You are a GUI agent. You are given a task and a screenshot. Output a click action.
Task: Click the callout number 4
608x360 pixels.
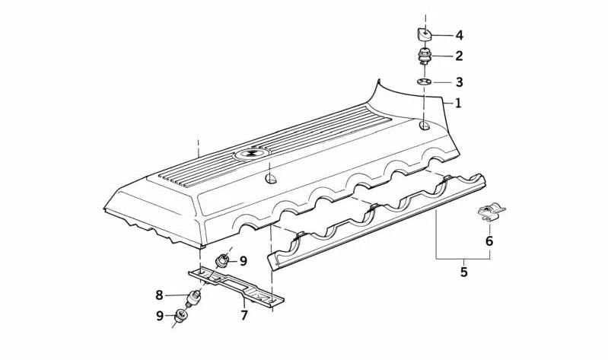coord(459,36)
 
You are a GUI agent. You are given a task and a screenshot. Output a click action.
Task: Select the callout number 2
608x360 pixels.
coord(459,56)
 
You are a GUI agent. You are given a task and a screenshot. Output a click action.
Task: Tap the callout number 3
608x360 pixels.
coord(459,82)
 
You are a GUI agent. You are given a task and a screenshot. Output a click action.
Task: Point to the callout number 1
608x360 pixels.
coord(458,103)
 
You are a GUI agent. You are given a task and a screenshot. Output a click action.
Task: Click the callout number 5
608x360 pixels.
coord(463,271)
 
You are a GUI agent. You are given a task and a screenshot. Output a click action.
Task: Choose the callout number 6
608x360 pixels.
coord(489,241)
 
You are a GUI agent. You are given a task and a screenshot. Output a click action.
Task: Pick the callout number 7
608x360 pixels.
coord(244,314)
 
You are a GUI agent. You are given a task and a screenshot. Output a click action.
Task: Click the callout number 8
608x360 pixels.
coord(160,295)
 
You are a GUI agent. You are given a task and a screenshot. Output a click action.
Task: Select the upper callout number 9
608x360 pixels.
coord(244,261)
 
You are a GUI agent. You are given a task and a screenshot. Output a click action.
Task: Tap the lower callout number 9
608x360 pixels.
coord(160,315)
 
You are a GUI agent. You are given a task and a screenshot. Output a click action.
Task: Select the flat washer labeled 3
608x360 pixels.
coord(425,81)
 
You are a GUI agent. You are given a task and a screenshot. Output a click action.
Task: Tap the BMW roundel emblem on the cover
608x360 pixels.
coord(251,154)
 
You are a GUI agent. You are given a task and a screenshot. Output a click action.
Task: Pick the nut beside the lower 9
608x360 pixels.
coord(182,316)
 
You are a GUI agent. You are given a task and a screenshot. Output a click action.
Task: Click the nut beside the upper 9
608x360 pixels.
coord(223,260)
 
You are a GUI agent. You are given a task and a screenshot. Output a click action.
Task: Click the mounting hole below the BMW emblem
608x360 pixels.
coord(270,179)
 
